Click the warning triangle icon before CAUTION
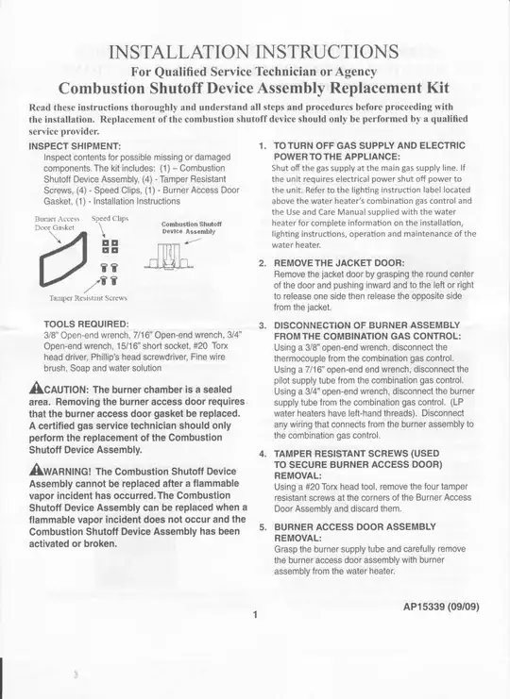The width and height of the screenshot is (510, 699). [36, 389]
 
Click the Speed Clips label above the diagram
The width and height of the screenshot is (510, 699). [110, 218]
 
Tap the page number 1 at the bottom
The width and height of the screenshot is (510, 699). [255, 615]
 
